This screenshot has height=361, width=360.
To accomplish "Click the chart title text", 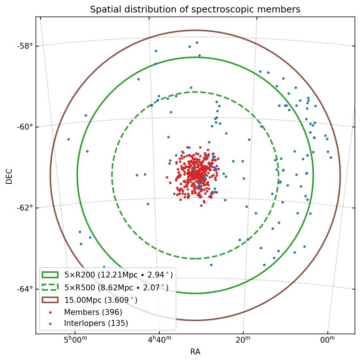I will (195, 10).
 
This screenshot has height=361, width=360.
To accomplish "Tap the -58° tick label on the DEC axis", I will (25, 46).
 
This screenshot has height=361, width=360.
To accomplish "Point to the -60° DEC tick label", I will (25, 127).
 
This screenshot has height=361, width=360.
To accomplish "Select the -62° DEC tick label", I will (25, 208).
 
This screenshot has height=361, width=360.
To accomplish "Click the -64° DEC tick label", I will (25, 289).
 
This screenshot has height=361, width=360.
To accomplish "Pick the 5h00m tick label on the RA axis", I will (75, 340).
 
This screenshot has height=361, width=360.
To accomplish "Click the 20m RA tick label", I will (243, 340).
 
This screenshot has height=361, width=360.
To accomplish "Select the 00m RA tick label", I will (327, 340).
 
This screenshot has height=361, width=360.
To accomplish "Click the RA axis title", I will (195, 352).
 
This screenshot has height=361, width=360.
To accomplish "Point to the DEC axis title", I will (10, 176).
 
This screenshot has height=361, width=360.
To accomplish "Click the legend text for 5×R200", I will (118, 275).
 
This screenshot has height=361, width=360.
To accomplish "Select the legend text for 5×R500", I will (116, 288).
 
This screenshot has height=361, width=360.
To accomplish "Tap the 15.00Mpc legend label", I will (101, 300).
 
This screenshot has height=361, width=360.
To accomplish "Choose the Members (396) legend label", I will (93, 312).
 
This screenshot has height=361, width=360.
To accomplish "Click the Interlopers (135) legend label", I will (96, 323).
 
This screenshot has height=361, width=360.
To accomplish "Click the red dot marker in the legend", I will (50, 312).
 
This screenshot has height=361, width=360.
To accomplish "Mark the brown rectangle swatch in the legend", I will (50, 300).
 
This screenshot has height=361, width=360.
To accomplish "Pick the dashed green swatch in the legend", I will (50, 287).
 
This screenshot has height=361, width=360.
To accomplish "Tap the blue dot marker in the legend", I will (50, 323).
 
